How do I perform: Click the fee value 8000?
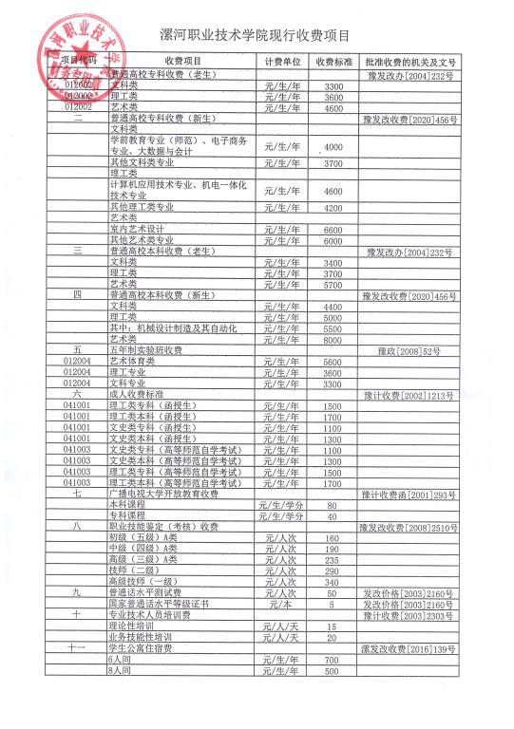click(333, 338)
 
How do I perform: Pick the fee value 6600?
click(333, 230)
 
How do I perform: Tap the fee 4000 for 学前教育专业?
click(333, 148)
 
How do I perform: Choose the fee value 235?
click(333, 559)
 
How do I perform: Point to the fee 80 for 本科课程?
click(333, 505)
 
